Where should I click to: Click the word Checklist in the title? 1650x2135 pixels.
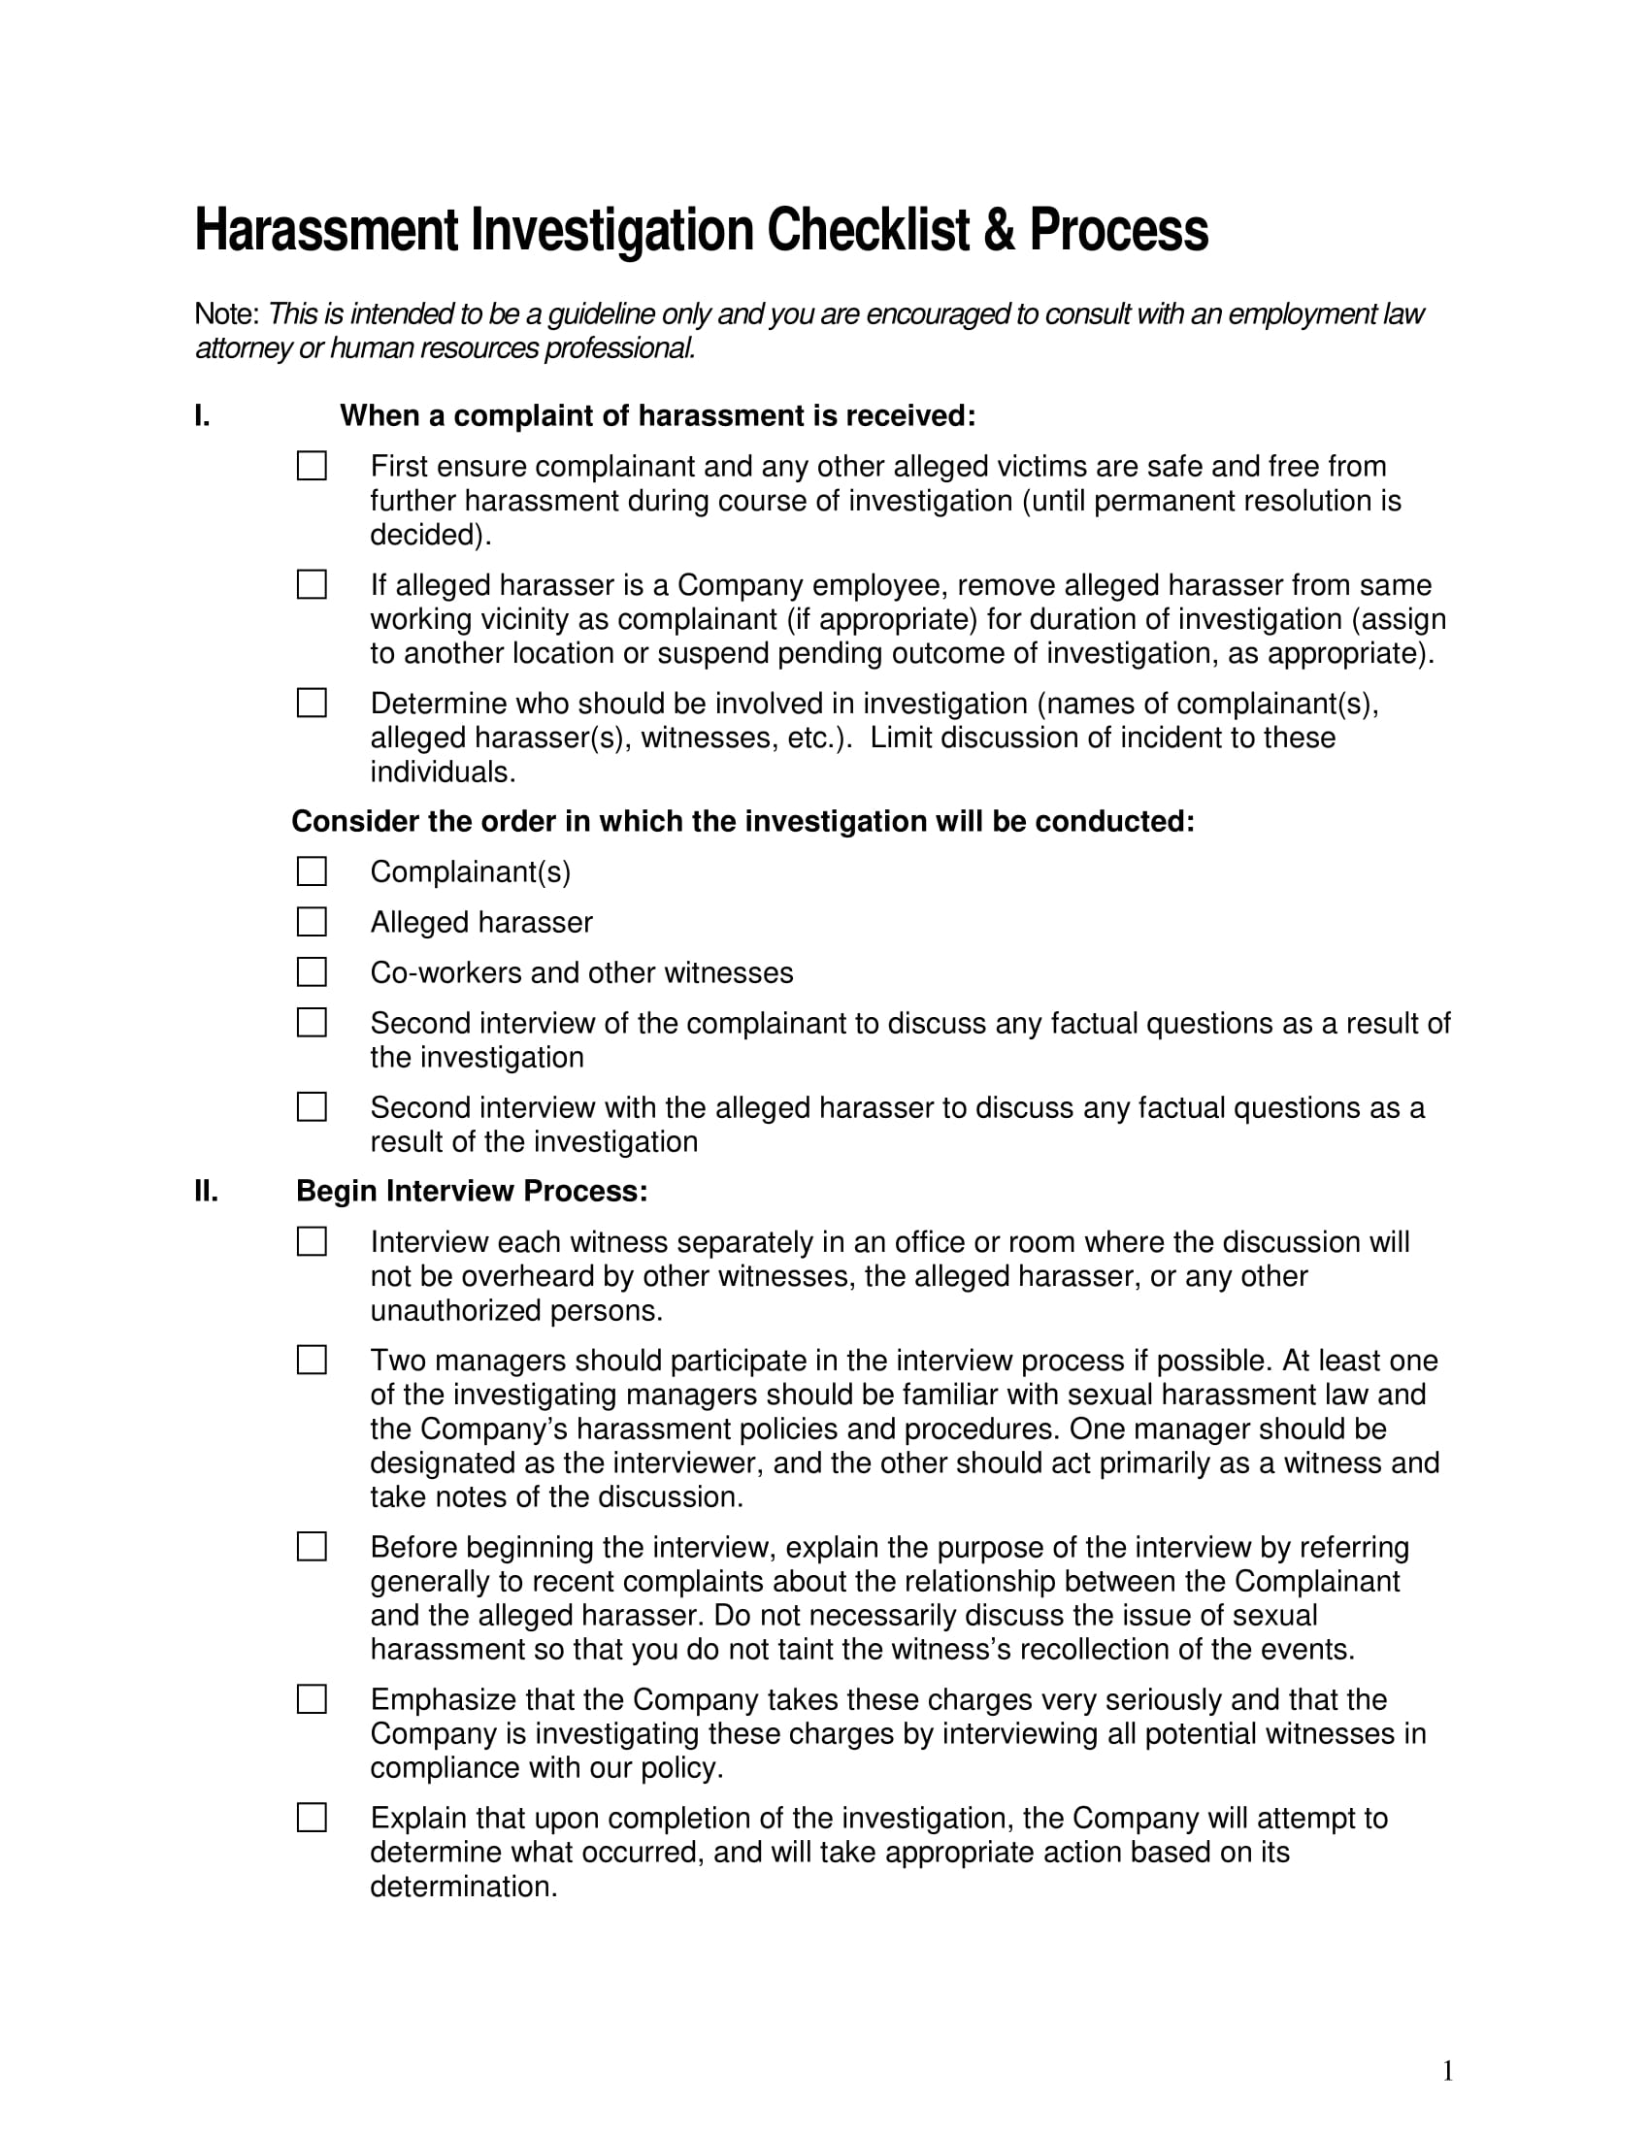pos(868,231)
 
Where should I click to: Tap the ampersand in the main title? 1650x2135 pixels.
pos(999,231)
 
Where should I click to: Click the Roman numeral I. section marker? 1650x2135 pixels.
pos(202,416)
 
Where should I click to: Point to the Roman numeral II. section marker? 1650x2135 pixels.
pos(206,1192)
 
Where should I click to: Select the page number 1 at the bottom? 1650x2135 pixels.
pos(1448,2072)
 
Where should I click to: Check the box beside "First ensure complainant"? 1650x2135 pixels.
pos(312,466)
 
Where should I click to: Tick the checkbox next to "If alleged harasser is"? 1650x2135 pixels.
pos(312,584)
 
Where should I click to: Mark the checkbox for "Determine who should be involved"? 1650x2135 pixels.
pos(312,703)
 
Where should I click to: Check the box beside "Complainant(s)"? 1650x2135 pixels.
pos(312,871)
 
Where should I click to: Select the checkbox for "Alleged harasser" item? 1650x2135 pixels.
pos(312,922)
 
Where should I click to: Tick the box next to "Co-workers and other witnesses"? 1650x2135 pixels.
pos(312,972)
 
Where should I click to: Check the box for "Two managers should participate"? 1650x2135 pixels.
pos(312,1361)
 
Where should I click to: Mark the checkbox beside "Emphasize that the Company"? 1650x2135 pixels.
pos(312,1700)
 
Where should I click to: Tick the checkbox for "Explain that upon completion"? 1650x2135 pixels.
pos(312,1819)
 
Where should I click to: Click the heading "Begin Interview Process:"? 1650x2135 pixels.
pos(472,1192)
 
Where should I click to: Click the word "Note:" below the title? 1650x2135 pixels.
pos(227,314)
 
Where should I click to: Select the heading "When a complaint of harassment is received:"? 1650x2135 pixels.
pos(658,416)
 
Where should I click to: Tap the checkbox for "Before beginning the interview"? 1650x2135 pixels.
pos(312,1548)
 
